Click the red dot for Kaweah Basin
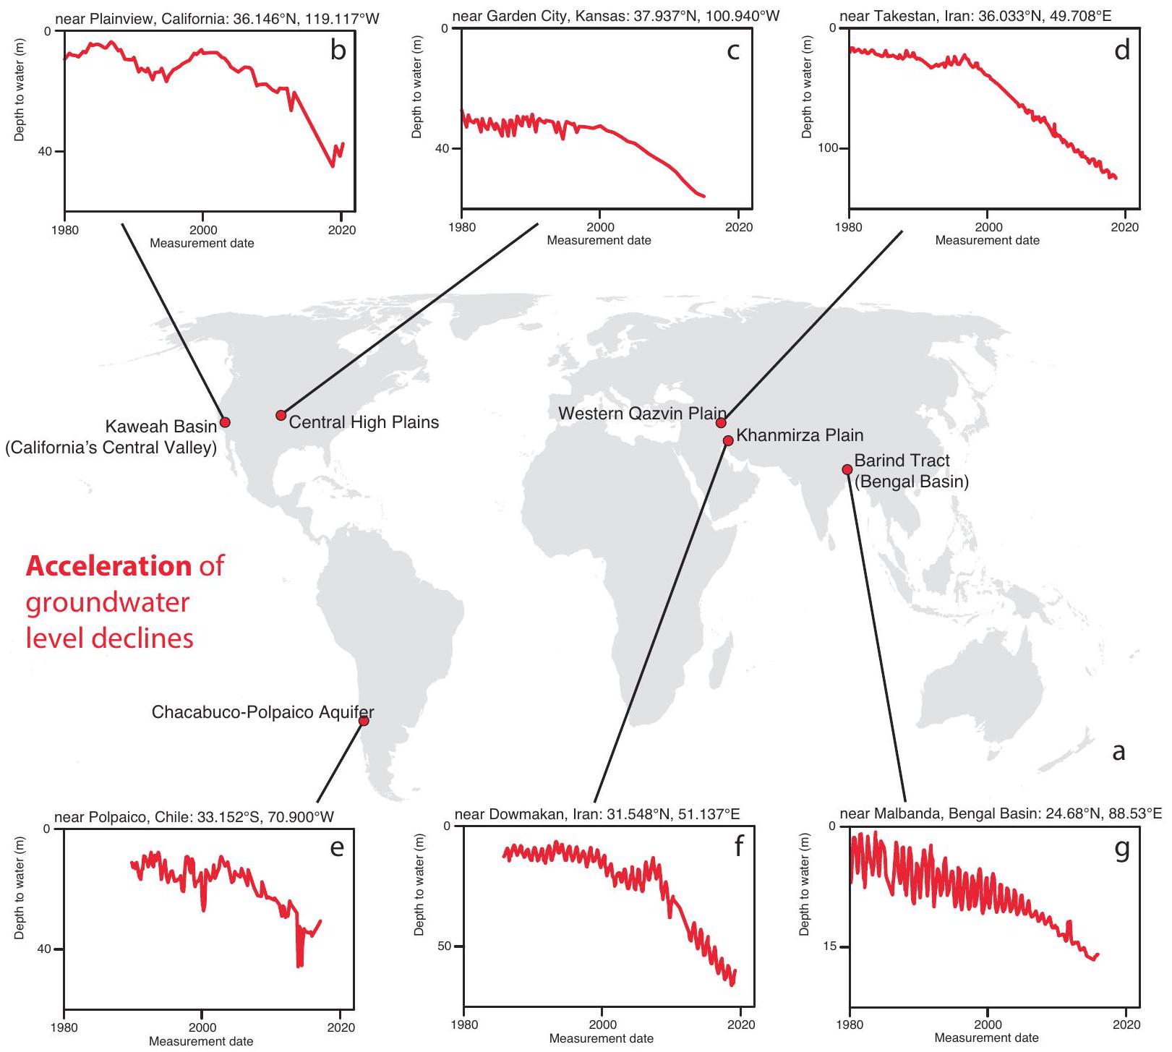[225, 422]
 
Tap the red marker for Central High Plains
[281, 415]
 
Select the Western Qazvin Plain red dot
[720, 423]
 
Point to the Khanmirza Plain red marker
[728, 440]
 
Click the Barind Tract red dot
[847, 470]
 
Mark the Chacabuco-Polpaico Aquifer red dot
[364, 721]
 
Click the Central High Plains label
[364, 422]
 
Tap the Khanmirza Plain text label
[800, 435]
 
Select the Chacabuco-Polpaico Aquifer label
[262, 712]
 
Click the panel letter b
[338, 50]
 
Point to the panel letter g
[1121, 847]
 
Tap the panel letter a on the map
[1118, 752]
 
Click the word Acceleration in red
[109, 565]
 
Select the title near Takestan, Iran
[975, 15]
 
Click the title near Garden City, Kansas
[616, 15]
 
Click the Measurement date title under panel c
[599, 240]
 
